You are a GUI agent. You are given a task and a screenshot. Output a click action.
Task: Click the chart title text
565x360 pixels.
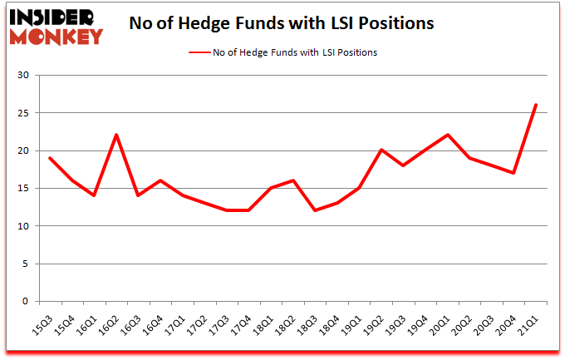point(281,24)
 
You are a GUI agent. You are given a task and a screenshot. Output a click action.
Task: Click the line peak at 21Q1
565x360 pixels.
point(536,105)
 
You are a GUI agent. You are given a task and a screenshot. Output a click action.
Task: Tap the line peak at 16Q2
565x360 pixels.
point(117,135)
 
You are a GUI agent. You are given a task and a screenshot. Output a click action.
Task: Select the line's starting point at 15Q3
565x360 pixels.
point(50,158)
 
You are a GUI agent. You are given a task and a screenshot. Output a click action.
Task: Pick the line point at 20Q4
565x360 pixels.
point(513,173)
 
